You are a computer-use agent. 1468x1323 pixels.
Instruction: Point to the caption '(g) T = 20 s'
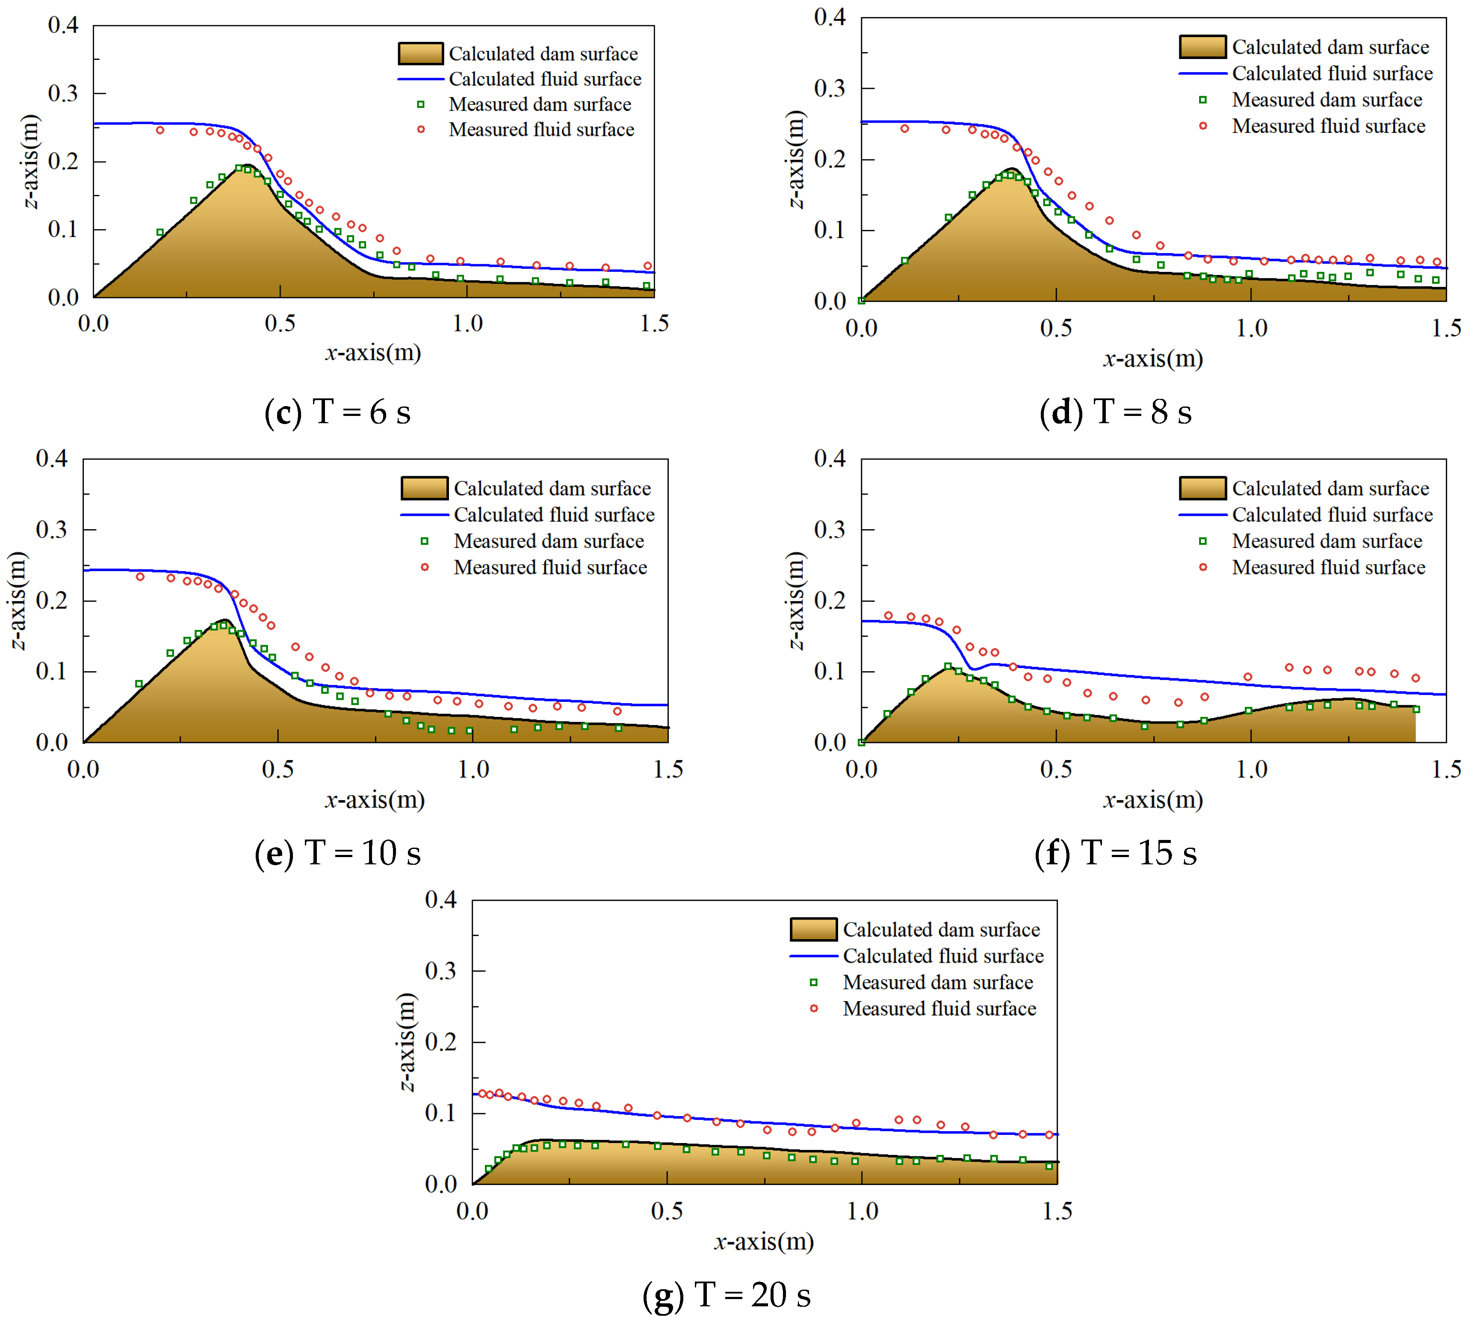point(727,1295)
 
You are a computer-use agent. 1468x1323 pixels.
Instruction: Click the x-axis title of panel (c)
point(373,353)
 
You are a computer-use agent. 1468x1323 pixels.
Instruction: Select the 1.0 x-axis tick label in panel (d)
point(1251,328)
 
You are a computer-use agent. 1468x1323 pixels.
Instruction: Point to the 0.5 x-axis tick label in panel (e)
point(278,769)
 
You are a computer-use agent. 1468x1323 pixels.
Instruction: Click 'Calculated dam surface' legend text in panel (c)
point(543,54)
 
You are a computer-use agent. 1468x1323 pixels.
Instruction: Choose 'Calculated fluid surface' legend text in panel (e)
point(554,515)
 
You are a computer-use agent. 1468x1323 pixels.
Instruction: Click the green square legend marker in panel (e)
point(425,541)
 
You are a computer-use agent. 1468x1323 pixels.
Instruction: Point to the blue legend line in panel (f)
point(1202,515)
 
